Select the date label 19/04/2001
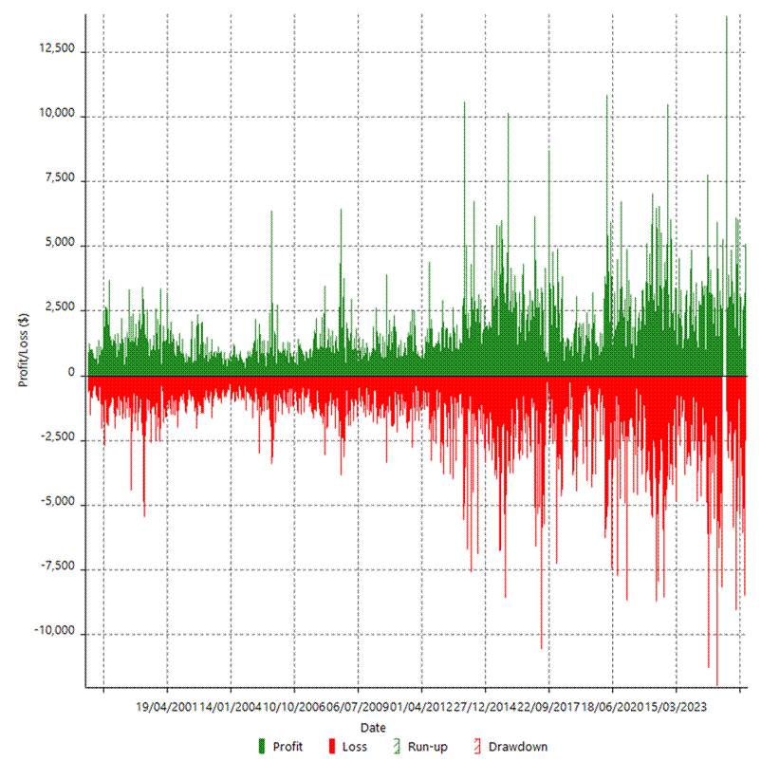click(x=167, y=707)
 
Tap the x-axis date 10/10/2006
click(x=294, y=707)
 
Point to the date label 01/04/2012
click(x=421, y=707)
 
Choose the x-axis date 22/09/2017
click(x=548, y=707)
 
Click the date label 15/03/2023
click(x=676, y=707)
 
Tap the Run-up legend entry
click(x=418, y=747)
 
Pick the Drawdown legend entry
click(x=509, y=747)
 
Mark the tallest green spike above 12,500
click(x=726, y=19)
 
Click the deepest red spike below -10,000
click(x=717, y=681)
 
